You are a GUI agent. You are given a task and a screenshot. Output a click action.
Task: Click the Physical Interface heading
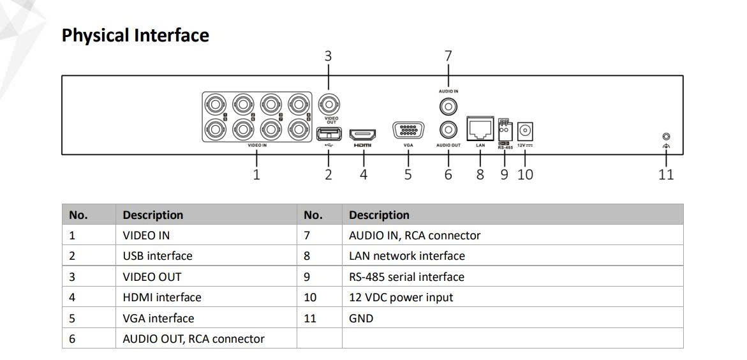click(x=135, y=35)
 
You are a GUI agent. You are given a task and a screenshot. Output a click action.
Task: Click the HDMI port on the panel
click(x=362, y=134)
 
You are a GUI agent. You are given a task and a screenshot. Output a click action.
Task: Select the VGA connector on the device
click(x=408, y=130)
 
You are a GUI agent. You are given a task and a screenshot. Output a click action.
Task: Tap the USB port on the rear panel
click(x=329, y=133)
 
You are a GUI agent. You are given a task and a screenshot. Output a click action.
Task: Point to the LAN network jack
click(x=480, y=129)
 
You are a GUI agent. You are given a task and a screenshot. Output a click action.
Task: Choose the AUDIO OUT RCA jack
click(x=448, y=130)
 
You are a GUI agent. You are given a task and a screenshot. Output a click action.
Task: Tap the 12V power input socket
click(x=525, y=131)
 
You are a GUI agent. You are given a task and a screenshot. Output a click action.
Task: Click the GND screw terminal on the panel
click(x=666, y=137)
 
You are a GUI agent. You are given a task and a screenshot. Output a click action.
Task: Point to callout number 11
click(x=666, y=174)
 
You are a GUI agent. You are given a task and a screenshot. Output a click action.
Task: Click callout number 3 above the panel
click(x=328, y=56)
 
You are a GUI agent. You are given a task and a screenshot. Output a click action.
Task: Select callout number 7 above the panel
click(x=448, y=56)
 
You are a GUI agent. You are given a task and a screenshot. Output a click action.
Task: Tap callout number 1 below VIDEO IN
click(x=256, y=174)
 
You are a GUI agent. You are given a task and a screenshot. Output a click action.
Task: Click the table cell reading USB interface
click(x=158, y=256)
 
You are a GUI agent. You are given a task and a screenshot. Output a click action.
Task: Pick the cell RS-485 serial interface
click(x=406, y=277)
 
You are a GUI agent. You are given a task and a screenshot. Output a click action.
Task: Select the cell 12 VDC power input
click(x=401, y=297)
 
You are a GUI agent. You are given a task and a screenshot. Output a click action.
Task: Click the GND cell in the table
click(x=361, y=319)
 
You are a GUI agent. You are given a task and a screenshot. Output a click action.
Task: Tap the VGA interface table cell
click(x=158, y=319)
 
